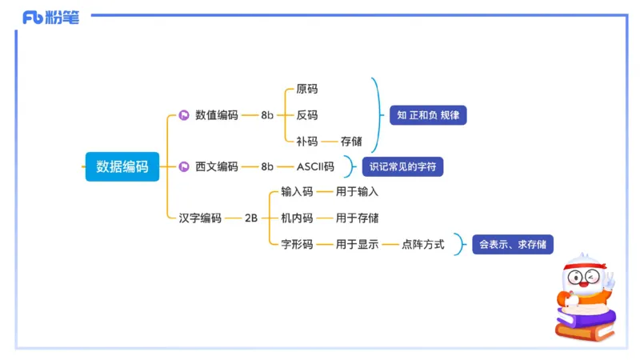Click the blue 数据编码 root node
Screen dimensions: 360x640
click(x=122, y=166)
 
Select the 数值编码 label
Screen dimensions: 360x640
click(x=216, y=115)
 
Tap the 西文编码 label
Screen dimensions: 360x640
click(x=216, y=166)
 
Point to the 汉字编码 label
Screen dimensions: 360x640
click(x=199, y=218)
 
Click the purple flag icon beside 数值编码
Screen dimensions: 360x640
click(x=183, y=115)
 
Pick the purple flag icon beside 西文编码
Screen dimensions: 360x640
click(x=183, y=166)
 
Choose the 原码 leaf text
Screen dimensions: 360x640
click(x=306, y=89)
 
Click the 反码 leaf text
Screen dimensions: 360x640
click(x=306, y=115)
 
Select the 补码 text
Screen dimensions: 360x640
click(x=306, y=141)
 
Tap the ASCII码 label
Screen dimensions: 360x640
click(x=315, y=166)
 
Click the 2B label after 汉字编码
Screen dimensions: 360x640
click(x=250, y=218)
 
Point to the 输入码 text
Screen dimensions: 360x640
click(x=297, y=192)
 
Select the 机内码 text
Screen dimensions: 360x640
click(x=297, y=218)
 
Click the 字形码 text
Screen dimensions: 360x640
click(x=297, y=244)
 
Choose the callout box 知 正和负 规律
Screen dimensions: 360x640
click(x=428, y=115)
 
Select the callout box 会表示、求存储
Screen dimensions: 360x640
click(x=513, y=244)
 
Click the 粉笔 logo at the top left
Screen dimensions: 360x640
click(x=51, y=18)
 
